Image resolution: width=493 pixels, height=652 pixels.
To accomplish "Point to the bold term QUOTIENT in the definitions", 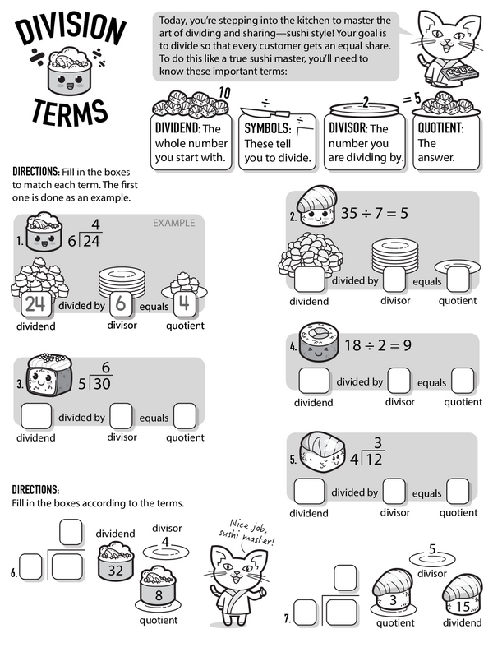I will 440,128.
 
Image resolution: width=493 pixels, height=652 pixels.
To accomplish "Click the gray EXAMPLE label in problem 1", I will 173,222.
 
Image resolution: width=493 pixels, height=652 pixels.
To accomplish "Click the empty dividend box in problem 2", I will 308,280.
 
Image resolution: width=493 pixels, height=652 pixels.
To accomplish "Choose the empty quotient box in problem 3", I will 185,416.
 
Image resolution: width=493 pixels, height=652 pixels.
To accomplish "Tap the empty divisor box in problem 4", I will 399,381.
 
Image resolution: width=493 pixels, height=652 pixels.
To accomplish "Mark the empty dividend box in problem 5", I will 309,491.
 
